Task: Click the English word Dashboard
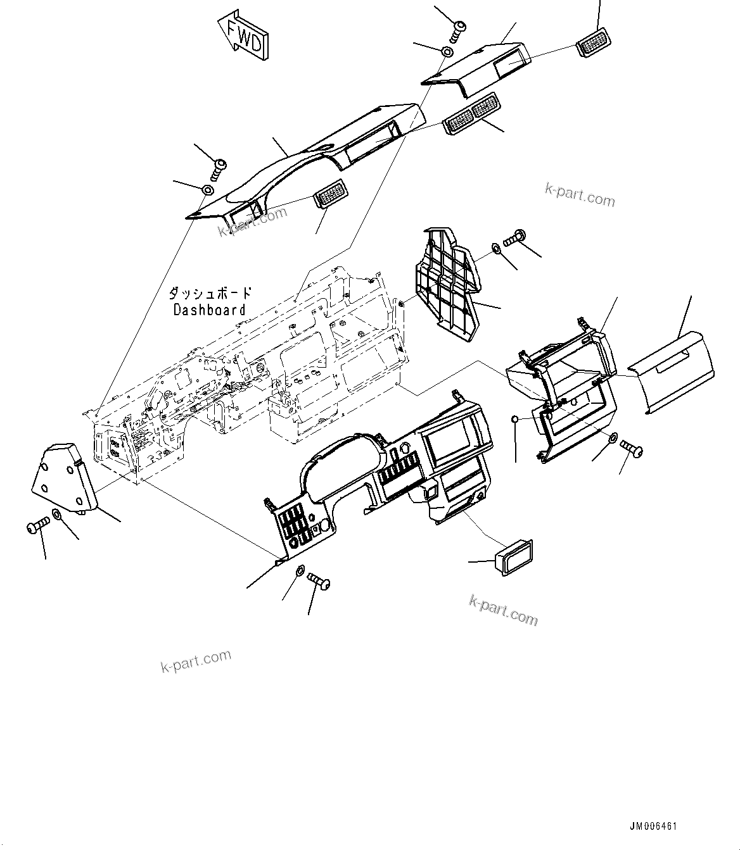209,310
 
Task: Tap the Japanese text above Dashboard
210,294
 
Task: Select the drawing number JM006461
654,827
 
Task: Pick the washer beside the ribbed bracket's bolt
496,247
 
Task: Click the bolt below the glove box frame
632,449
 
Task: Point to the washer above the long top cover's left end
207,190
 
